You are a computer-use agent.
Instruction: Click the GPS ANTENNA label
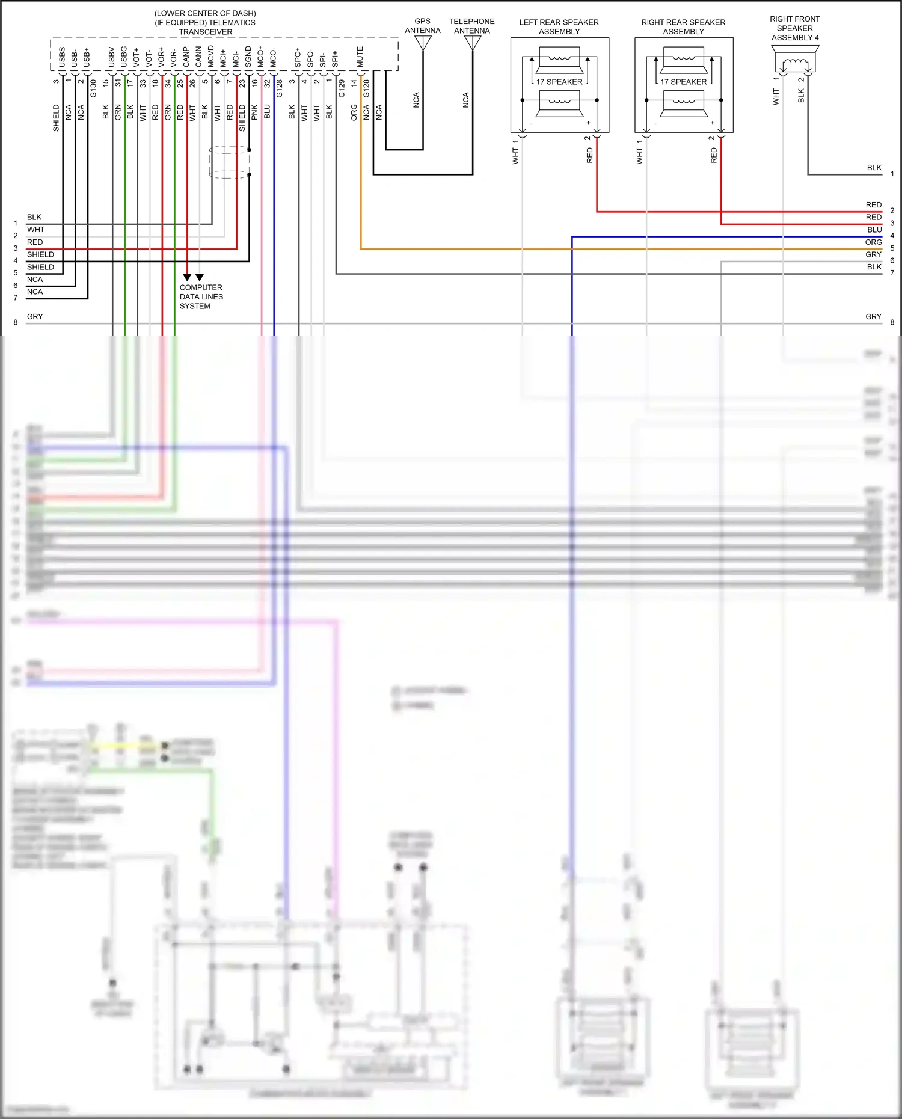(422, 26)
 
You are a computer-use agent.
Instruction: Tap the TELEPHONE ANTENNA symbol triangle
(473, 43)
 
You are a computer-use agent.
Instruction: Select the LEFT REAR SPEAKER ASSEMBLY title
(559, 26)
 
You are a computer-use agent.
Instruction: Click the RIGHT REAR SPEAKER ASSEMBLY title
(683, 26)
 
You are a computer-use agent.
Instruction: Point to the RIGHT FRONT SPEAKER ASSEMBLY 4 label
(794, 28)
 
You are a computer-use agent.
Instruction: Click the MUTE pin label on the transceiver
(360, 57)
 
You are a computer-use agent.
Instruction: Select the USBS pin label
(62, 57)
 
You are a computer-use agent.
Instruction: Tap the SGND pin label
(248, 56)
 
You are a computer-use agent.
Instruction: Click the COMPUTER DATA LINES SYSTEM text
(201, 296)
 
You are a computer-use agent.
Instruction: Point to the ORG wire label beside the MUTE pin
(354, 112)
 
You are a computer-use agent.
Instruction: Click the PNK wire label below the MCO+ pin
(254, 112)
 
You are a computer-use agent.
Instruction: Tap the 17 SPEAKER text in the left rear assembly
(559, 82)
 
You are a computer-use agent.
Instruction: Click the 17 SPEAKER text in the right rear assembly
(683, 82)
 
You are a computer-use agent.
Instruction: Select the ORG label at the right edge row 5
(873, 242)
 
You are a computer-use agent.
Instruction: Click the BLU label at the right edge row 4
(874, 230)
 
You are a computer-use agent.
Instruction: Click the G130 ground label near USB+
(93, 89)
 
